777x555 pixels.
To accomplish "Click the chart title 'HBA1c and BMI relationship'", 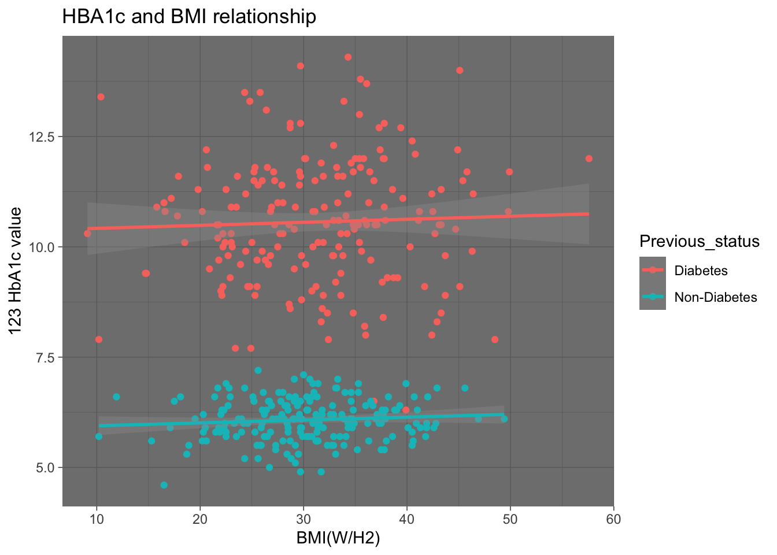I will tap(189, 17).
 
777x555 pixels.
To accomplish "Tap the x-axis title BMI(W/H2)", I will tap(338, 538).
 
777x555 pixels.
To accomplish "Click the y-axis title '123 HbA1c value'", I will tap(16, 271).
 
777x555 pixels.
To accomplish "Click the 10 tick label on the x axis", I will tap(97, 519).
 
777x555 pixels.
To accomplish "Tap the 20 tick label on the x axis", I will tap(200, 519).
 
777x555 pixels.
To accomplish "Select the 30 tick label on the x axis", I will tap(304, 519).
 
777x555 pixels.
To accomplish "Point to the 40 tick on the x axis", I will tap(407, 519).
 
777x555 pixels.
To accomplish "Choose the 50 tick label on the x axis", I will tap(510, 519).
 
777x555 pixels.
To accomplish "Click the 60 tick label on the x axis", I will tap(614, 519).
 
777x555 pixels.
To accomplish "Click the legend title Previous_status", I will tap(700, 241).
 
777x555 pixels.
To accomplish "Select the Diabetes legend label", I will tap(701, 271).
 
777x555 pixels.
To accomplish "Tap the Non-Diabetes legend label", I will tap(716, 297).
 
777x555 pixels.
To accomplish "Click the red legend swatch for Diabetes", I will tap(653, 270).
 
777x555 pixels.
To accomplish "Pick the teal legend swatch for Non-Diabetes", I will tap(653, 297).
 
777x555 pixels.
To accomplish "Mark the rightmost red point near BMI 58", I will tap(589, 158).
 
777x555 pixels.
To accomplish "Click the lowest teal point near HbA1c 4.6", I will tap(164, 485).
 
